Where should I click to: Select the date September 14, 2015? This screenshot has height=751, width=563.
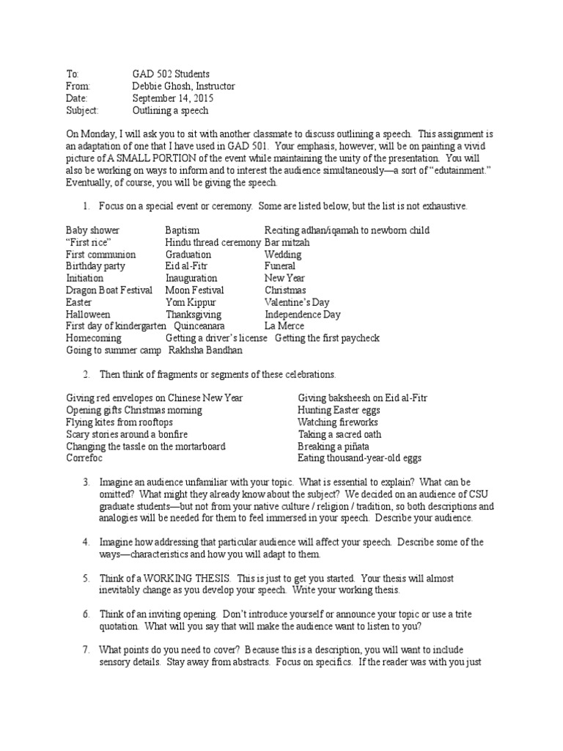pos(173,98)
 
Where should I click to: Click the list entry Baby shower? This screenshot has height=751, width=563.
pos(92,230)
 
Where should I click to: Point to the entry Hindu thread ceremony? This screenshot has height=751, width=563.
pos(213,242)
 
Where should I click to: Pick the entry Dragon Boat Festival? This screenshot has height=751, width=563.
pos(108,290)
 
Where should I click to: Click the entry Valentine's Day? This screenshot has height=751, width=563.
pos(297,302)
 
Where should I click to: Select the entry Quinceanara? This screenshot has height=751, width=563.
pos(199,326)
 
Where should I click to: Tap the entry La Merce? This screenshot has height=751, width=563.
pos(284,326)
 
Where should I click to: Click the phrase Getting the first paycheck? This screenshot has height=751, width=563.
pos(327,338)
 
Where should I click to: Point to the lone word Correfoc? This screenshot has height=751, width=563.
pos(84,458)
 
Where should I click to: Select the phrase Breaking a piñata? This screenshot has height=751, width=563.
pos(333,446)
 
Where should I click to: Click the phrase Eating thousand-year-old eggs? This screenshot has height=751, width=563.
pos(359,458)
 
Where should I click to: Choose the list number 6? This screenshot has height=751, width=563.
pos(86,614)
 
